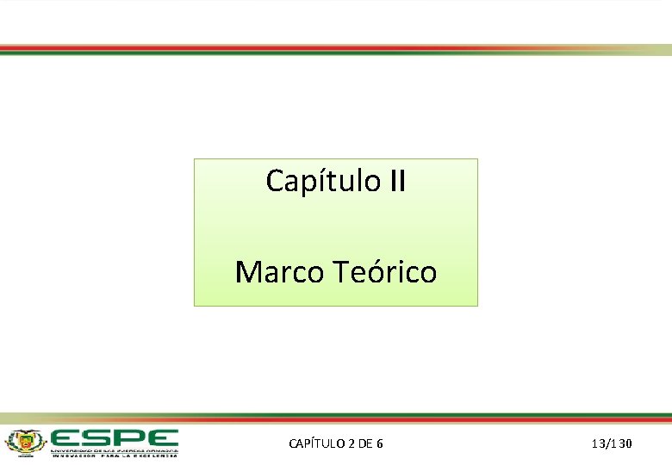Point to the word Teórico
[383, 272]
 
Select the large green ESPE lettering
[113, 437]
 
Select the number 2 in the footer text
[352, 443]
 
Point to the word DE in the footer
[365, 443]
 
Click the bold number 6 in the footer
[380, 443]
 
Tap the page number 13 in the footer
[598, 443]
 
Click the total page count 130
[624, 443]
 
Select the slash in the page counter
[608, 443]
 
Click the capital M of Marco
[248, 272]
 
